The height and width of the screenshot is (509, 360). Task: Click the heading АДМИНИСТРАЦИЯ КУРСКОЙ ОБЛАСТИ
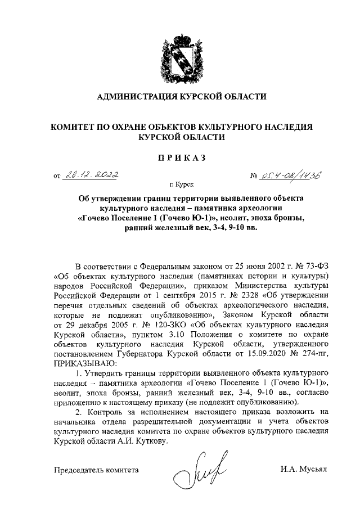point(179,97)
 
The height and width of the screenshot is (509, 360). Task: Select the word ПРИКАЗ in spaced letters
point(180,157)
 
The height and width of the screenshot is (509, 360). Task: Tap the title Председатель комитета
point(95,469)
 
